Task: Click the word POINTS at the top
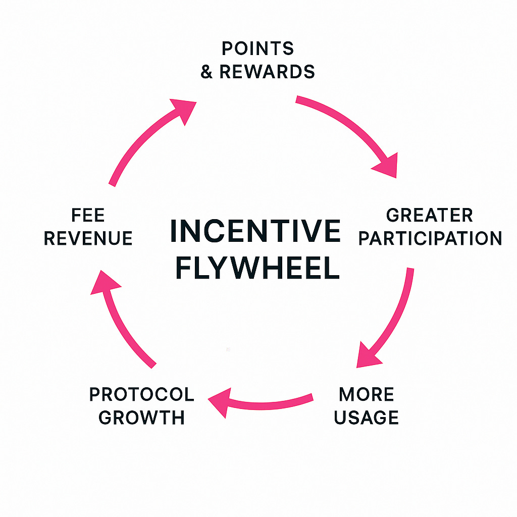(x=257, y=48)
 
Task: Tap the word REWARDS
(x=267, y=72)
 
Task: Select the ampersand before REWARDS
(x=206, y=72)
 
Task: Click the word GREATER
(x=429, y=215)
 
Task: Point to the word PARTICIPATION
(x=430, y=238)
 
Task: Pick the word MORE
(x=367, y=394)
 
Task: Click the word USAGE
(x=367, y=418)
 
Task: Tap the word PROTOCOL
(x=142, y=394)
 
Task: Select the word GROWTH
(x=142, y=418)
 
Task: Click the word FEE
(x=88, y=215)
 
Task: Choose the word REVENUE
(x=88, y=238)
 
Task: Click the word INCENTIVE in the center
(x=255, y=231)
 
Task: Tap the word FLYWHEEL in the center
(x=257, y=269)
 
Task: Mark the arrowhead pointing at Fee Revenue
(x=104, y=282)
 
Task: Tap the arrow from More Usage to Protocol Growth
(x=268, y=402)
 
